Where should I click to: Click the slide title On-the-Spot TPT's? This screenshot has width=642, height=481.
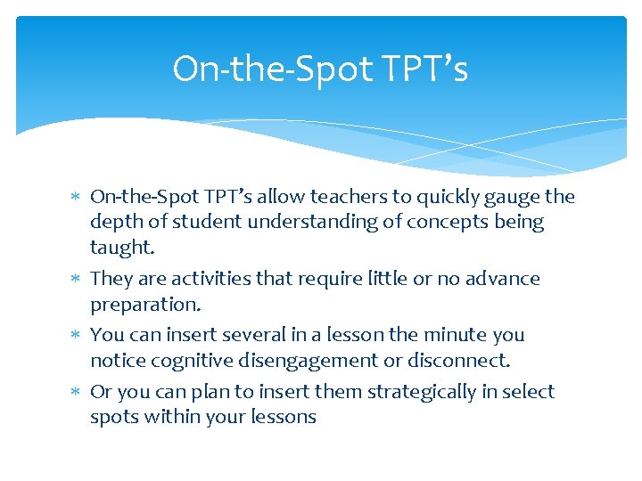320,69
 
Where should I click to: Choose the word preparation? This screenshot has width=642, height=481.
144,305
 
